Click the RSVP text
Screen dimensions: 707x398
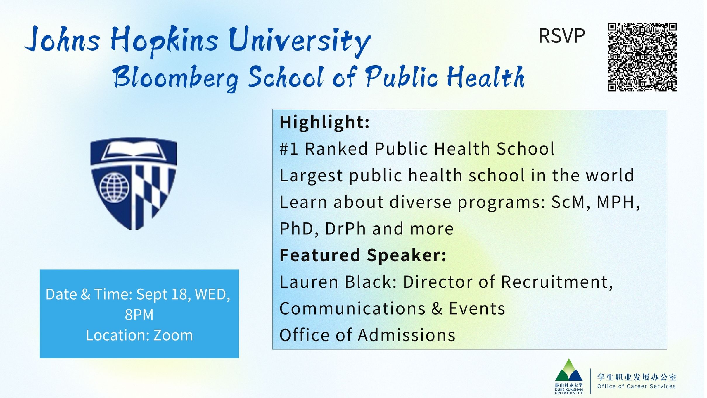tap(561, 36)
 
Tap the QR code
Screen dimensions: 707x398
tap(642, 57)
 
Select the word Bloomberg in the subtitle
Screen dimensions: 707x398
tap(176, 77)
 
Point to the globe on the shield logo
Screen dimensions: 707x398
tap(114, 188)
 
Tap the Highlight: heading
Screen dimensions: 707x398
tap(325, 122)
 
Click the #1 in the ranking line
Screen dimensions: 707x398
tap(289, 149)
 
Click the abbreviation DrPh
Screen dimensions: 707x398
tap(345, 229)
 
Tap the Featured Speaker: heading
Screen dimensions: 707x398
tap(363, 255)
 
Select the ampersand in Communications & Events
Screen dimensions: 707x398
tap(437, 309)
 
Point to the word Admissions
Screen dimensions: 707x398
tap(407, 335)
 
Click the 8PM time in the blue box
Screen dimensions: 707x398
tap(139, 315)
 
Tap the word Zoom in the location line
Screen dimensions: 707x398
tap(173, 335)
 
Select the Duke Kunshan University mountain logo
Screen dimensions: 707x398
tap(568, 376)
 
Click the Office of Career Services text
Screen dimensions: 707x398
tap(636, 387)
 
